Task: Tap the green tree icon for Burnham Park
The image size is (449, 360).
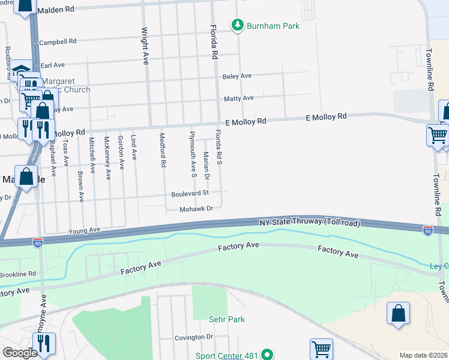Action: pos(238,25)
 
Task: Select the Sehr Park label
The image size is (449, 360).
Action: pos(227,320)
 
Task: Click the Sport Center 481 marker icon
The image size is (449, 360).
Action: pos(268,356)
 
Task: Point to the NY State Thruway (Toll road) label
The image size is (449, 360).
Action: pos(310,223)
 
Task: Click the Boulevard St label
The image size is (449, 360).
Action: pos(190,193)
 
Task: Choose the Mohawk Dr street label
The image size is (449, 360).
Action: pos(197,209)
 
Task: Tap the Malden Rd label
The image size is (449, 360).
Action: pos(56,10)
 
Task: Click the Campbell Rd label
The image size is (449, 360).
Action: pos(58,42)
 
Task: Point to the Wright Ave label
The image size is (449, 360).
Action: pos(145,46)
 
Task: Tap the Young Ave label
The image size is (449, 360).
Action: pos(84,230)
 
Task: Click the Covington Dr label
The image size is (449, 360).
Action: pos(194,337)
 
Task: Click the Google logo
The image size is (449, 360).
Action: pos(19,353)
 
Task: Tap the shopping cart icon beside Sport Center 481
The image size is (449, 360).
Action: pos(322,349)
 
